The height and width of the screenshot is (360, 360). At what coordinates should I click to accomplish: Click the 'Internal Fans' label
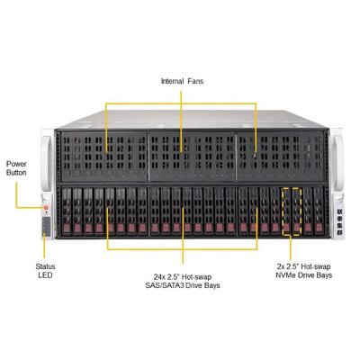click(182, 81)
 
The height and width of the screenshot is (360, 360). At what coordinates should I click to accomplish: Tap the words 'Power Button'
click(16, 168)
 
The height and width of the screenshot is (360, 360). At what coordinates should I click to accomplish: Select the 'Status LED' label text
click(45, 271)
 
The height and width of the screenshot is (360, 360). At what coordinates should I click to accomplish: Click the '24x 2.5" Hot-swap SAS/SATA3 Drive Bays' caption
click(183, 281)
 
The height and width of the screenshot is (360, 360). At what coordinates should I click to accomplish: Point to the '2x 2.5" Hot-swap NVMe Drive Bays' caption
click(304, 271)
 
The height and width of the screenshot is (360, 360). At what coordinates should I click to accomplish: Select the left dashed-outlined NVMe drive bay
click(286, 211)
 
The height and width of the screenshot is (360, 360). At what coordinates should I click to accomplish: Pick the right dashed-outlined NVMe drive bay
click(297, 211)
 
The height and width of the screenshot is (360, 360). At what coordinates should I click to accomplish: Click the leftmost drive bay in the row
click(67, 211)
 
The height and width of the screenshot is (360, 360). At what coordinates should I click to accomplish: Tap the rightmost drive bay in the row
click(319, 211)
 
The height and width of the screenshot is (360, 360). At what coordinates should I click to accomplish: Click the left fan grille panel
click(104, 156)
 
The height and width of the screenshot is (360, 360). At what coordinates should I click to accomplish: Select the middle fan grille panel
click(192, 156)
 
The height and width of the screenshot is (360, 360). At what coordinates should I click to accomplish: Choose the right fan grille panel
click(280, 156)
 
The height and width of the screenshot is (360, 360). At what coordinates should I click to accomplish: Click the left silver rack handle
click(47, 164)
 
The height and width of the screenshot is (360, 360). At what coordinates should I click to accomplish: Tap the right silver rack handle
click(338, 164)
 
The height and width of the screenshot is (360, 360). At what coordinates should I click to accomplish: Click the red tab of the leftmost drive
click(67, 228)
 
